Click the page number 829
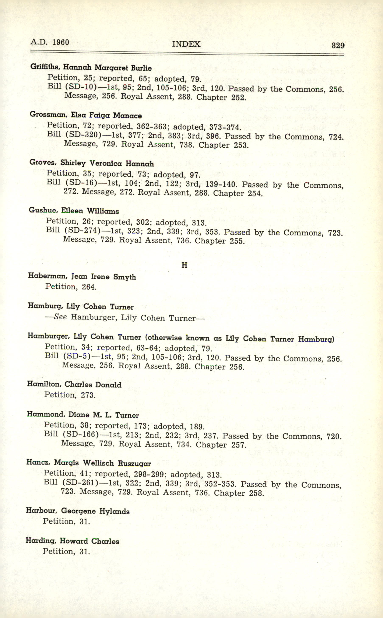click(338, 45)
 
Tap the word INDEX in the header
click(186, 44)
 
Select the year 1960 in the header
click(60, 42)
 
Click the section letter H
click(185, 265)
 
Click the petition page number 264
click(89, 287)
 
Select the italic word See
click(60, 317)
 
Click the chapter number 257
click(238, 445)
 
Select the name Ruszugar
click(134, 464)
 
